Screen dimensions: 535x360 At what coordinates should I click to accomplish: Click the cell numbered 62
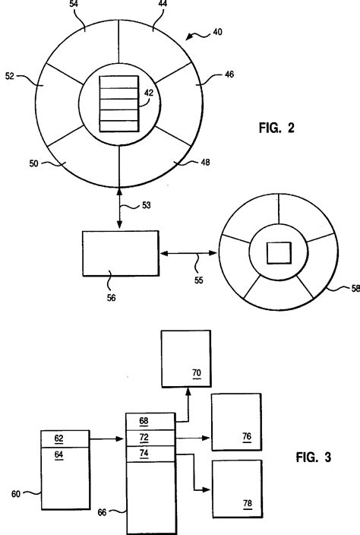64,438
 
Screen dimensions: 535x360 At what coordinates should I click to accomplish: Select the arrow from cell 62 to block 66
106,438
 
